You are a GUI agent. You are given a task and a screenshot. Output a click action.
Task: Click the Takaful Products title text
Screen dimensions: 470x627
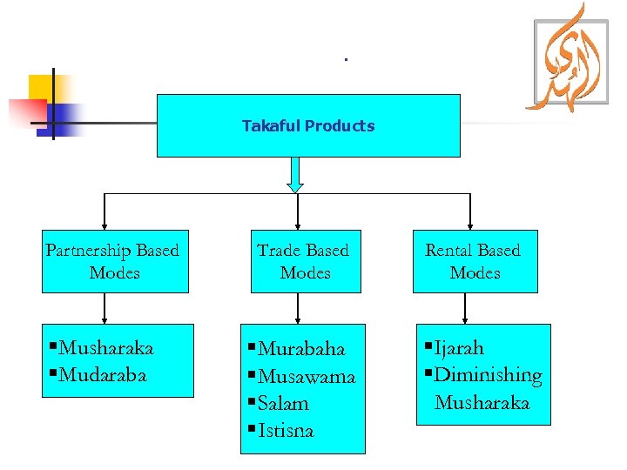coord(308,126)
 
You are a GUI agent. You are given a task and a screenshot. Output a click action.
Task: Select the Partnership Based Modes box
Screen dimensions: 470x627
coord(114,261)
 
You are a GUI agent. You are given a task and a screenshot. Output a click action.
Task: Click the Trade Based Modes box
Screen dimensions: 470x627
coord(303,261)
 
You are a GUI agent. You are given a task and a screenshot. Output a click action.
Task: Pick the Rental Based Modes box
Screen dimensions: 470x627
coord(474,261)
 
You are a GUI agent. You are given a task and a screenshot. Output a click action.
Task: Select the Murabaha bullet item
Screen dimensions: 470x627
coord(301,349)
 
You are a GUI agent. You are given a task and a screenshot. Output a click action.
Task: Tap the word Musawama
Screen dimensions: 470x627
coord(307,377)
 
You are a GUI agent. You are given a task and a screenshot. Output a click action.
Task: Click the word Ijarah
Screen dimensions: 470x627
coord(459,348)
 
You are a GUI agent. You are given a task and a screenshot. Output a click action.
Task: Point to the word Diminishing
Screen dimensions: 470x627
coord(488,375)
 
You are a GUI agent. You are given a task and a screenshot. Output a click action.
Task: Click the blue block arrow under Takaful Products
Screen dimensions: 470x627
coord(296,174)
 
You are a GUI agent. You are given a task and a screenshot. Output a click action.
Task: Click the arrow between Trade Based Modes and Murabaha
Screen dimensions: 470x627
coord(299,309)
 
